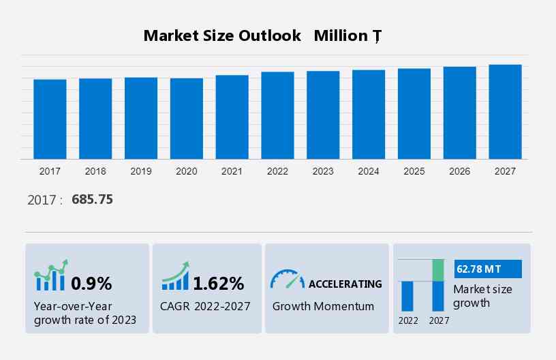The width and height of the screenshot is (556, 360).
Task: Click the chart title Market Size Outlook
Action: tap(222, 36)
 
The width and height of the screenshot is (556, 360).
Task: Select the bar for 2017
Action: tap(50, 119)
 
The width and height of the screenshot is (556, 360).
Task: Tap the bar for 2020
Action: tap(187, 119)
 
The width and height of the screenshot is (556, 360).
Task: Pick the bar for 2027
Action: tap(505, 112)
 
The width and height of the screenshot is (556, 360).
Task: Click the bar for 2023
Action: tap(323, 115)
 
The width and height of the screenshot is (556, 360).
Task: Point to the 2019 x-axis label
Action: tap(141, 171)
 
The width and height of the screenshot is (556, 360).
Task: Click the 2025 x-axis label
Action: tap(414, 171)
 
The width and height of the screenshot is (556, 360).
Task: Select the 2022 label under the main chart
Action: tap(277, 171)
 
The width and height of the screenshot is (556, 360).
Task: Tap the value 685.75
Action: tap(92, 200)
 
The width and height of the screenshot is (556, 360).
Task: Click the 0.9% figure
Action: tap(91, 283)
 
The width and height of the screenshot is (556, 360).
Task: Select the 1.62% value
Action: tap(218, 283)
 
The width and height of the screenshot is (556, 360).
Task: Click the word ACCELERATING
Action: tap(345, 284)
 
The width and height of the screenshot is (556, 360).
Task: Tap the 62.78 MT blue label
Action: tap(487, 269)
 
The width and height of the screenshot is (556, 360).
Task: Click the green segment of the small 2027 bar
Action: tap(438, 270)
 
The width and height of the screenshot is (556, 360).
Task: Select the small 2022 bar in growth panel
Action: tap(407, 296)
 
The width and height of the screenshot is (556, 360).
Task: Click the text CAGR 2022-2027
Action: tap(206, 306)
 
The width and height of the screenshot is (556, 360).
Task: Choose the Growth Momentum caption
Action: tap(323, 306)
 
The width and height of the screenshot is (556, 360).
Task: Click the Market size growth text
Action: tap(482, 296)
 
